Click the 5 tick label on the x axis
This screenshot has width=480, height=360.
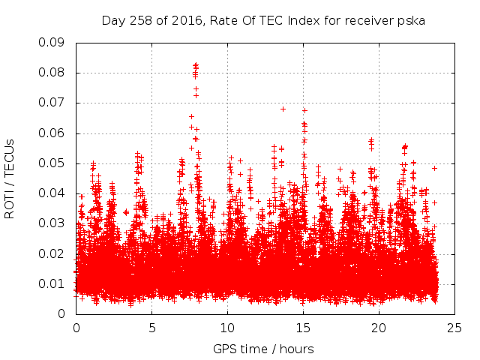[152, 328]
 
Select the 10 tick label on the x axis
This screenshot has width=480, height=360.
[228, 328]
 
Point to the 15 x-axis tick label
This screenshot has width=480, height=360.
[304, 328]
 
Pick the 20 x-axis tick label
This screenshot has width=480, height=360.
[379, 328]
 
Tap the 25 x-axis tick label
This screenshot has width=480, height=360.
[455, 328]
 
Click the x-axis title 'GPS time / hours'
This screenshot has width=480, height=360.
[263, 349]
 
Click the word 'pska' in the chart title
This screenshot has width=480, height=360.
[412, 20]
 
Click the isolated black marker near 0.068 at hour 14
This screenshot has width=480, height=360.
[283, 109]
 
